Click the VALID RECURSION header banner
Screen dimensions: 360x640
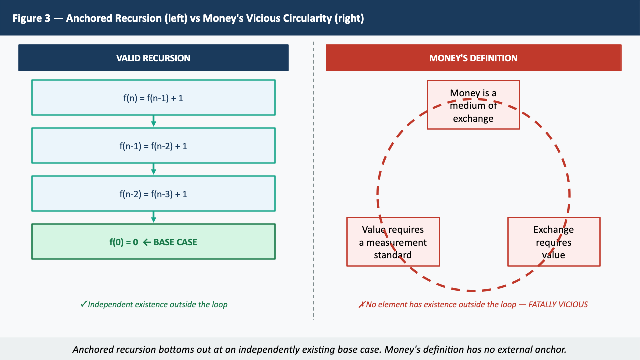pyautogui.click(x=153, y=58)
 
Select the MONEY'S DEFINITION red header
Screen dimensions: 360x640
pyautogui.click(x=473, y=58)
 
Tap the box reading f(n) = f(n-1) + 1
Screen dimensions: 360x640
pyautogui.click(x=153, y=98)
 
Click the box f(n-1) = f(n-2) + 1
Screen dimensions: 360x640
pyautogui.click(x=153, y=146)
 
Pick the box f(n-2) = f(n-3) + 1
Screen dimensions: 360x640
pyautogui.click(x=153, y=194)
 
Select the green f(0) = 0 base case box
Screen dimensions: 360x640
pyautogui.click(x=153, y=242)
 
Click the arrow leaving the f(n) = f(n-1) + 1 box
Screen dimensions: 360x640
pyautogui.click(x=153, y=121)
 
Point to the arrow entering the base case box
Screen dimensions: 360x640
pyautogui.click(x=153, y=217)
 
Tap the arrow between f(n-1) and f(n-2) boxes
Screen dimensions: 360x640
pyautogui.click(x=153, y=169)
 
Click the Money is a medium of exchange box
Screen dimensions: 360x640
pyautogui.click(x=473, y=105)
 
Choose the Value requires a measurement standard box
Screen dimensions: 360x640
pyautogui.click(x=393, y=242)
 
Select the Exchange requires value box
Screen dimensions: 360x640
pyautogui.click(x=554, y=242)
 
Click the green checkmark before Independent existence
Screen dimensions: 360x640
pyautogui.click(x=83, y=304)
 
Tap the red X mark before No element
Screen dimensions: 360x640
pyautogui.click(x=362, y=304)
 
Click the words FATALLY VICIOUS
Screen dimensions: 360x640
pyautogui.click(x=558, y=304)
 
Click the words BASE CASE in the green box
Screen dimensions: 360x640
pyautogui.click(x=175, y=242)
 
